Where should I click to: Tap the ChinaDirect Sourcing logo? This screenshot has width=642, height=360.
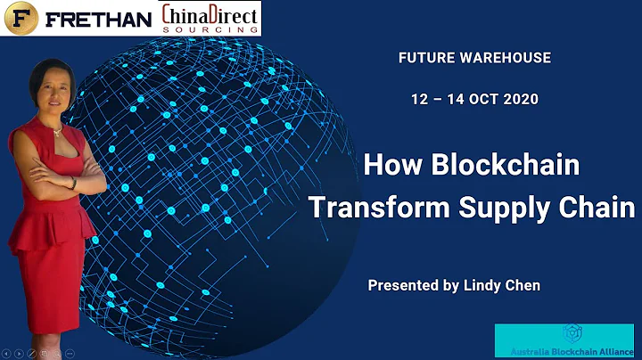pyautogui.click(x=211, y=18)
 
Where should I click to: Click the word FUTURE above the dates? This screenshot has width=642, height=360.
pyautogui.click(x=425, y=58)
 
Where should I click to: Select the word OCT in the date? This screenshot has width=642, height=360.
pyautogui.click(x=479, y=98)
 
